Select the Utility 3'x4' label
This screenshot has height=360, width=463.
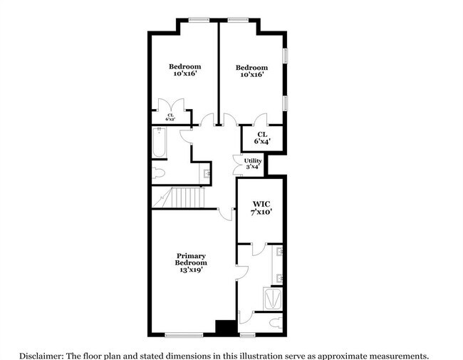click(x=253, y=164)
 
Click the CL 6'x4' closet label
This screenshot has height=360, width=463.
click(x=262, y=137)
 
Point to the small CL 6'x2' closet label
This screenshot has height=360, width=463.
click(x=171, y=118)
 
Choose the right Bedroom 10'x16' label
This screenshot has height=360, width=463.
click(x=251, y=71)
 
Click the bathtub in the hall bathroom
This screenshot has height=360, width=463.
click(x=159, y=143)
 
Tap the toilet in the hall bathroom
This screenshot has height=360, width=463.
click(x=158, y=173)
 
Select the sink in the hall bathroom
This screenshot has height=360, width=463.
click(x=206, y=173)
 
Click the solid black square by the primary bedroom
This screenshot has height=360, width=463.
click(x=226, y=327)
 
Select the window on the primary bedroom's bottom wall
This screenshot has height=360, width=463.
click(x=184, y=334)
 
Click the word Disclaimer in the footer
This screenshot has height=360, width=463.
click(x=41, y=354)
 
